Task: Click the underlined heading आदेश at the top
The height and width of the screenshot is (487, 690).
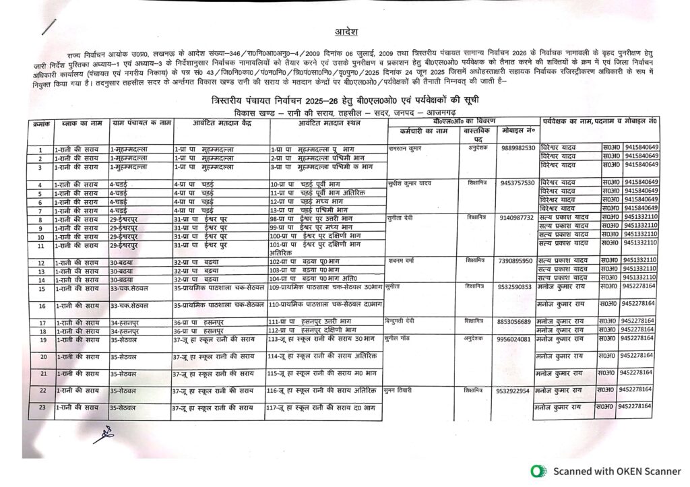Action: [x=346, y=32]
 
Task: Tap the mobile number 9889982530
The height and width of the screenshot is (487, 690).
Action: [x=518, y=148]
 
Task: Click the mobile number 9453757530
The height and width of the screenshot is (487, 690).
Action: [x=518, y=183]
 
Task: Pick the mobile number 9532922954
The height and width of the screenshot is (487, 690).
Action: [x=513, y=391]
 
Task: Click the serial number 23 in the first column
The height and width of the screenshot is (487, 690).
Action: [x=41, y=408]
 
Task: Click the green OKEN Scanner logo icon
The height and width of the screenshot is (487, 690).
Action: [x=537, y=472]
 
